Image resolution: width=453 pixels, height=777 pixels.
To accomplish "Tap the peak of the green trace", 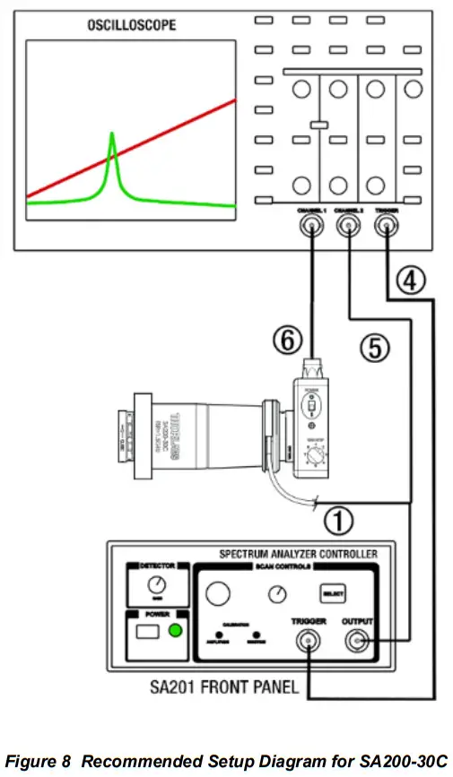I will click(112, 134).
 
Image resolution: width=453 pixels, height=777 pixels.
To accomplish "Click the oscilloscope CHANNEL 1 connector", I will click(309, 229).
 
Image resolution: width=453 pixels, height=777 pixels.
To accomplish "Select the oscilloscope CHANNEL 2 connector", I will click(347, 229).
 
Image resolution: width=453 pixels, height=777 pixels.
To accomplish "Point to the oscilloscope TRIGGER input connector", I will click(387, 229).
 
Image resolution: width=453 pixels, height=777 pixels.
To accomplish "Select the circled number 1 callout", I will click(338, 518).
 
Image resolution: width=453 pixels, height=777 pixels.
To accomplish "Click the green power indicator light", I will click(176, 630).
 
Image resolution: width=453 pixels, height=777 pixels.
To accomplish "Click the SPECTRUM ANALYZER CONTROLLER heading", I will click(298, 553).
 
